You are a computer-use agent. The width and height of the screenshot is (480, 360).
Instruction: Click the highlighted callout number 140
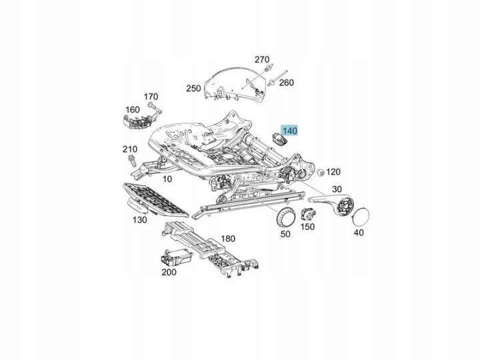(289, 131)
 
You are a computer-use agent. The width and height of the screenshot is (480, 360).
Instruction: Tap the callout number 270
(262, 59)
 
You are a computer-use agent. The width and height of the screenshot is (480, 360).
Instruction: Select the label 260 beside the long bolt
(286, 83)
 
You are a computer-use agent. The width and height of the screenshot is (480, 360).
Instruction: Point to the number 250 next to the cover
(193, 89)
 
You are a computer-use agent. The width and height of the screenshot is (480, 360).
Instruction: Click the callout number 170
(151, 97)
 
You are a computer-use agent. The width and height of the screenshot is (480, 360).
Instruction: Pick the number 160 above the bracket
(133, 109)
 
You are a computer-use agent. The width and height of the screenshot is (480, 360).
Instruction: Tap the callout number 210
(130, 149)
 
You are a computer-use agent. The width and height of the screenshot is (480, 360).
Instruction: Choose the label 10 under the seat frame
(167, 179)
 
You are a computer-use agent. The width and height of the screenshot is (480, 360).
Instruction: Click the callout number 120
(333, 172)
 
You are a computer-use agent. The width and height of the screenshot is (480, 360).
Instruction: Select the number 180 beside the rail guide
(228, 239)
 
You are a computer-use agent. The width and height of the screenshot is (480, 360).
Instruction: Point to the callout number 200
(169, 272)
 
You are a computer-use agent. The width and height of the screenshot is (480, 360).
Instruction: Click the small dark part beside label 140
(280, 139)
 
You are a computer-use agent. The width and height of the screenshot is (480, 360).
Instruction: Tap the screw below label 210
(132, 161)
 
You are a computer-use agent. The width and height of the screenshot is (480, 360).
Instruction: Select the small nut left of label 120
(321, 173)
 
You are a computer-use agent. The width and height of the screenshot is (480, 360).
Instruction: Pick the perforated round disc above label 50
(285, 217)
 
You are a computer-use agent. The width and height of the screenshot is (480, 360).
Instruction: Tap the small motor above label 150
(308, 214)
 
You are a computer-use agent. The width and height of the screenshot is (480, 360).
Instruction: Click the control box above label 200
(176, 257)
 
